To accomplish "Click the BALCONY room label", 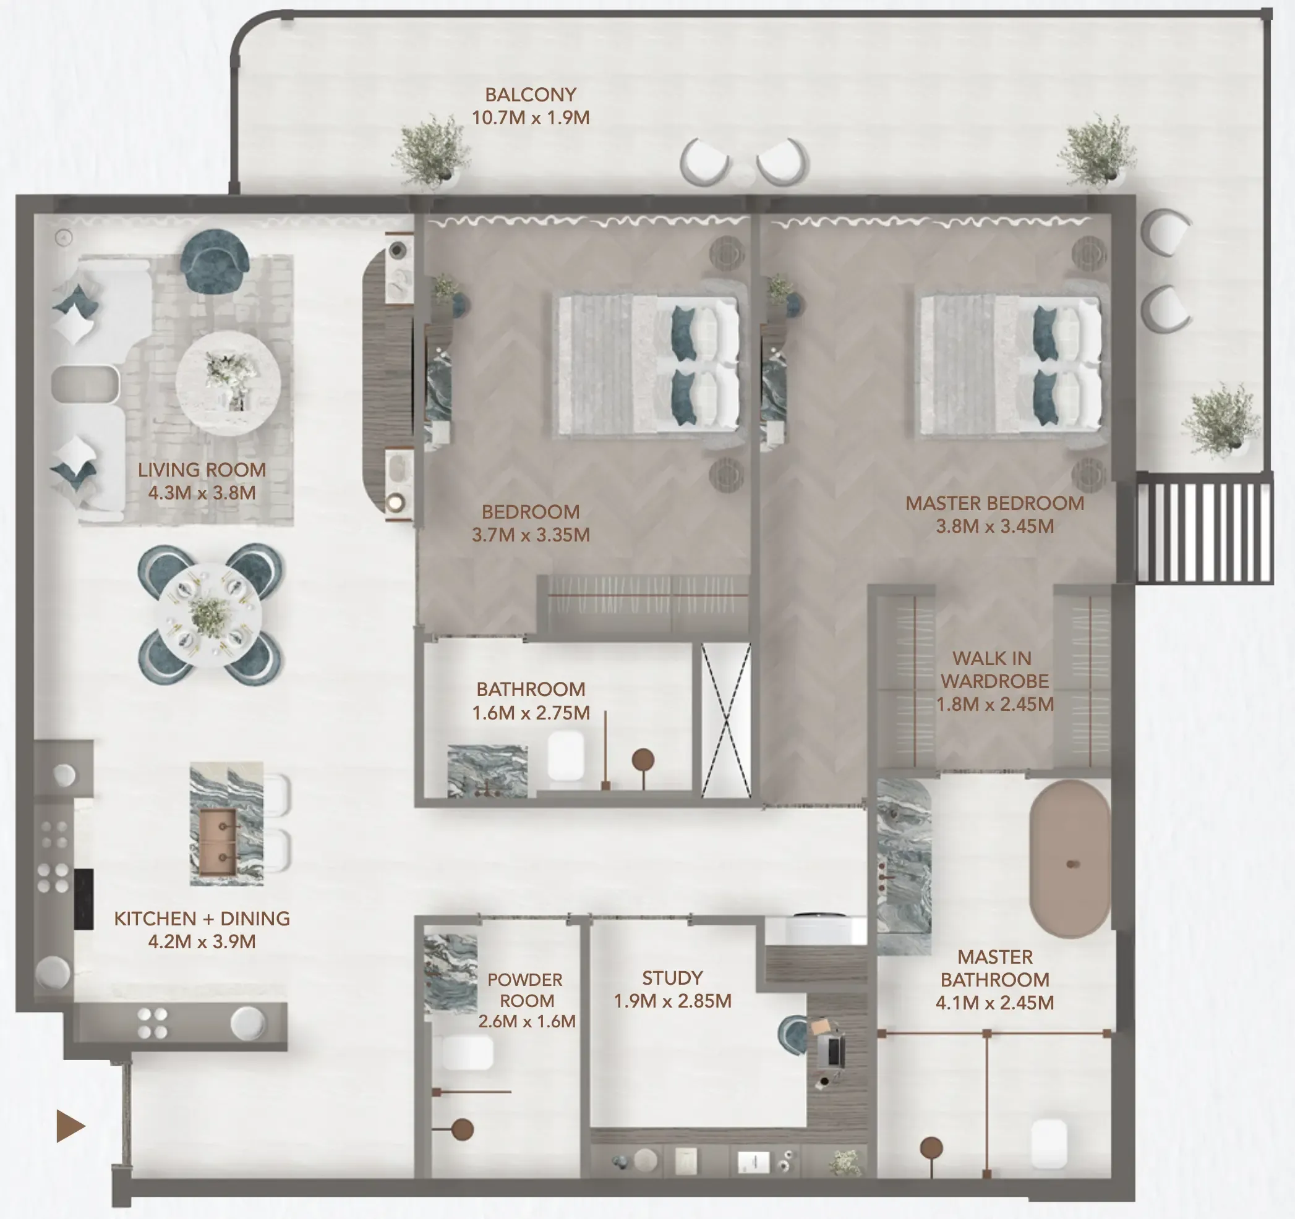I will [530, 95].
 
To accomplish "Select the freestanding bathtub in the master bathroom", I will [1070, 860].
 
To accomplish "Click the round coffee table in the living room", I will [228, 383].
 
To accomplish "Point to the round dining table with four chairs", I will [210, 614].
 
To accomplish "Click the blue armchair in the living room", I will [215, 260].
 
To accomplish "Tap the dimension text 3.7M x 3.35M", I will [530, 535].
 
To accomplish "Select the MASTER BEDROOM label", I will [994, 503].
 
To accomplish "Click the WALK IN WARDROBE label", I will [994, 669].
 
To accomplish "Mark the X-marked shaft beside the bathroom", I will [725, 720].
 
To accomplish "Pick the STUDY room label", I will [672, 978].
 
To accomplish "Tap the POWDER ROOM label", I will [525, 990].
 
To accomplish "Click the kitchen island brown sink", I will [218, 843].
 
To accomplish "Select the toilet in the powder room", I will [467, 1053].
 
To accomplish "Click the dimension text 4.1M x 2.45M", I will [994, 1003].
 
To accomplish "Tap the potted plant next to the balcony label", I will [431, 151].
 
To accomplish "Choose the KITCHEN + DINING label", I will [202, 919].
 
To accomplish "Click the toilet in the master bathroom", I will [1049, 1143].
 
